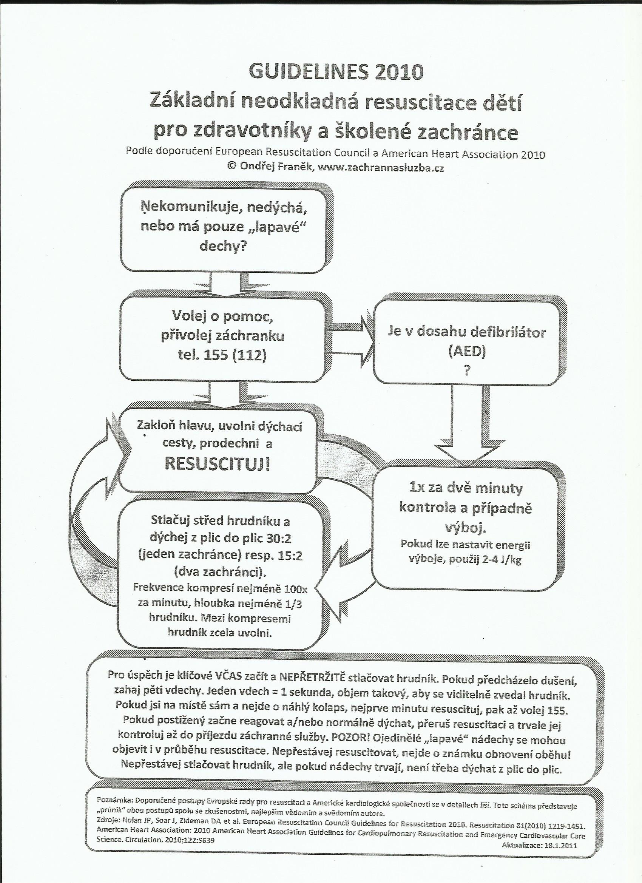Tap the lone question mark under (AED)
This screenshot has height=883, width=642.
466,370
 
